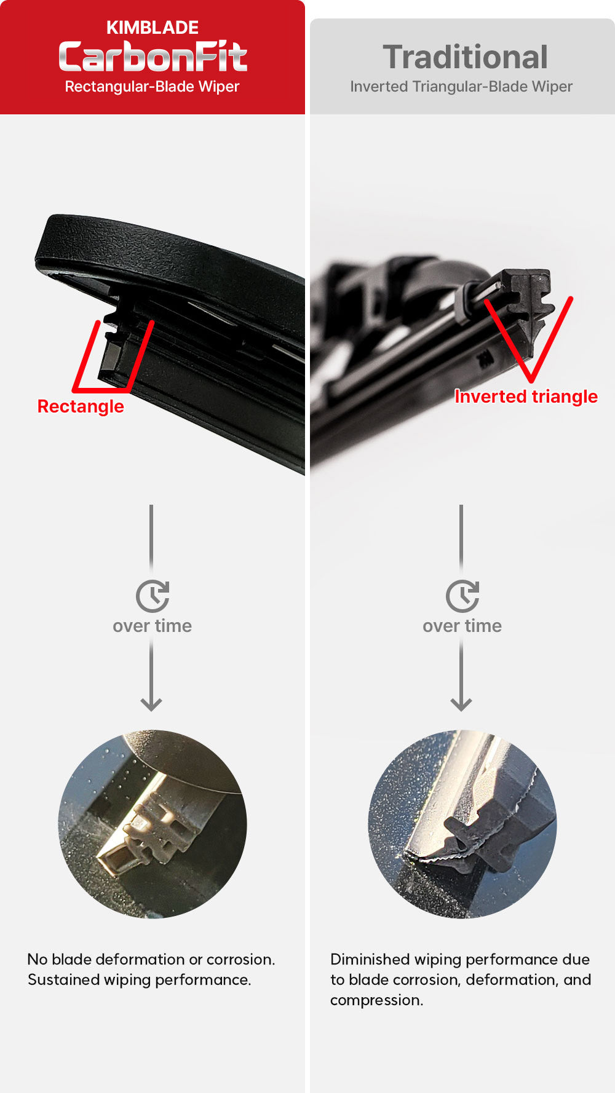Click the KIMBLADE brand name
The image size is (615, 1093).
153,28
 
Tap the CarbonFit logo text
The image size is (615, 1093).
153,57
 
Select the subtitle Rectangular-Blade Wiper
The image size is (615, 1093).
152,87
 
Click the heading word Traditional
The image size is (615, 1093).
465,57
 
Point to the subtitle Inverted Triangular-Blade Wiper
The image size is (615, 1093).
461,87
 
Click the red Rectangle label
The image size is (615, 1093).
81,406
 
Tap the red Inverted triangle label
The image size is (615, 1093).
526,397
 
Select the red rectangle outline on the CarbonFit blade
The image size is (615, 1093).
86,357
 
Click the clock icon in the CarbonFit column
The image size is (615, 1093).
153,596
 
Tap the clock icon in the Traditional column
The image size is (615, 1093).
462,596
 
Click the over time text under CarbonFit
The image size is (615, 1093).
152,626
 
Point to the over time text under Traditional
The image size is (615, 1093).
462,626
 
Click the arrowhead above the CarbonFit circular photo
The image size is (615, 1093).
151,704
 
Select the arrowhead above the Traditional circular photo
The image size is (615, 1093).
461,704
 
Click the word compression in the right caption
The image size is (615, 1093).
376,1000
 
